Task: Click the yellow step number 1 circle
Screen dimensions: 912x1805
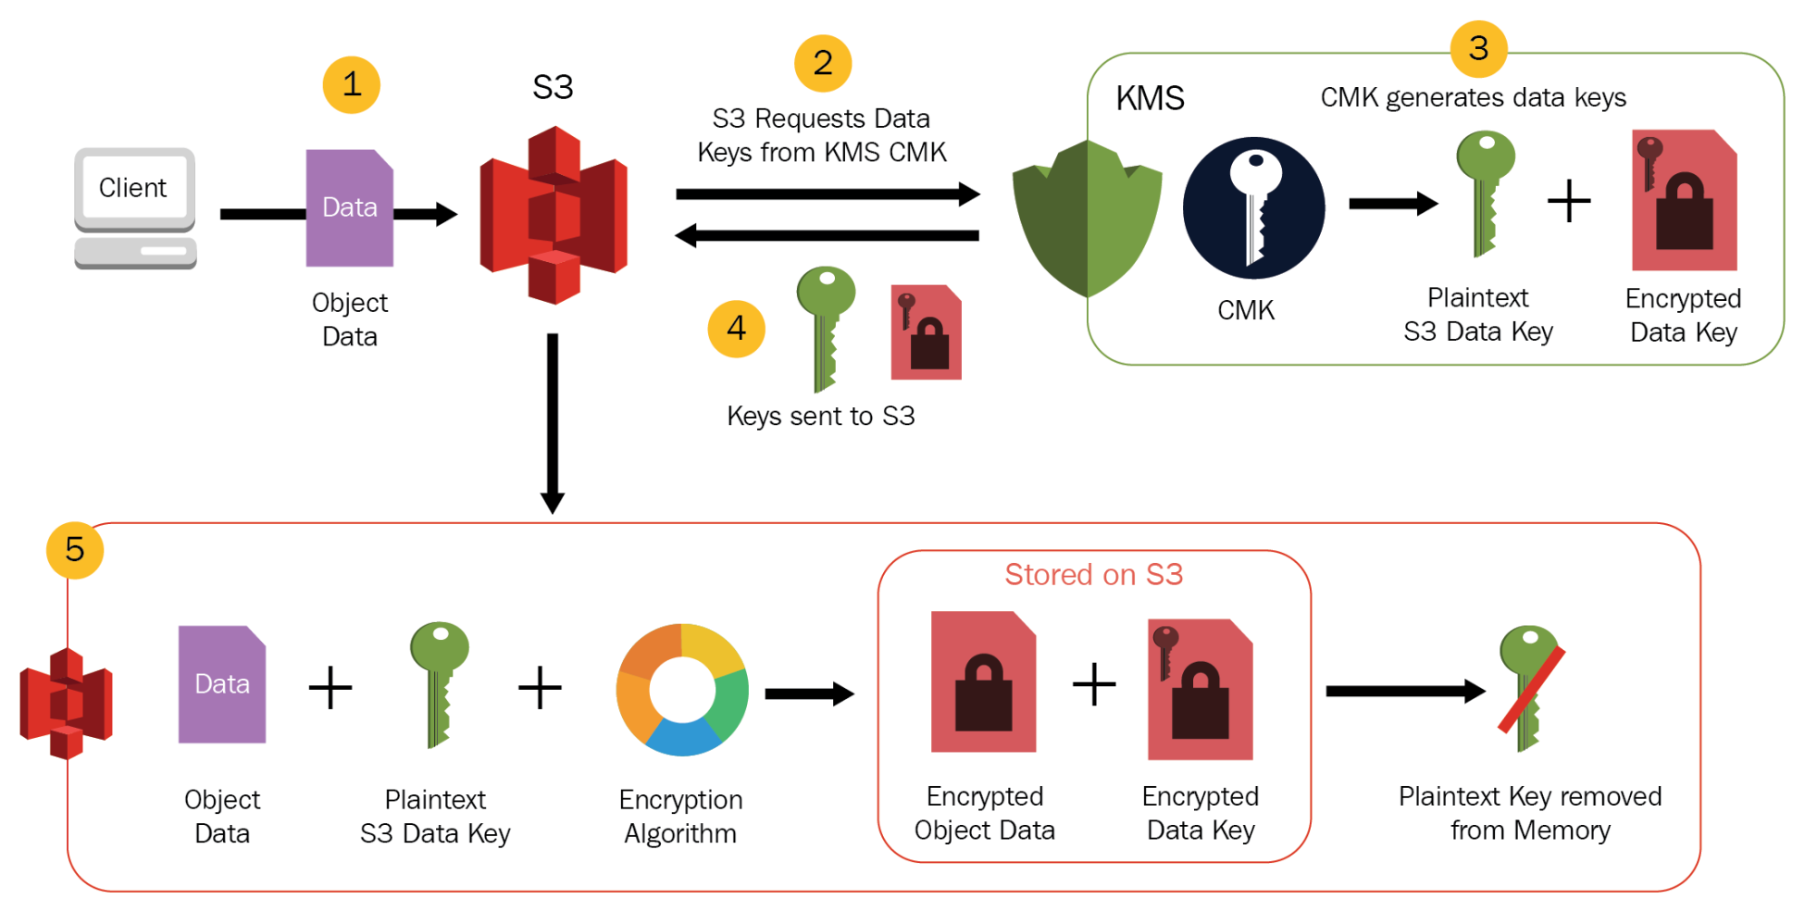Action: (351, 85)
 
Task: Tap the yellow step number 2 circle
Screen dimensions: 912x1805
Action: (823, 64)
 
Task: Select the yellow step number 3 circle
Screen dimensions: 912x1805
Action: (1478, 48)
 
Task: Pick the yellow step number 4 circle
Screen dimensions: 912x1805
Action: (736, 328)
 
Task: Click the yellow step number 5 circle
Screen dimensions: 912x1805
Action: (75, 550)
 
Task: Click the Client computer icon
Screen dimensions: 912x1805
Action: (135, 208)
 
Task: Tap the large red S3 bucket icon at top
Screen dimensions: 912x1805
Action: (554, 215)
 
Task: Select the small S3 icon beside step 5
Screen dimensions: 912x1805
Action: (66, 704)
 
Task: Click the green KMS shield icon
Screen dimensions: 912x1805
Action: (1087, 219)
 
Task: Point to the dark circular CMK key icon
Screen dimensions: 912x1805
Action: (1253, 208)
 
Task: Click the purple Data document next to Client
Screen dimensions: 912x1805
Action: (350, 208)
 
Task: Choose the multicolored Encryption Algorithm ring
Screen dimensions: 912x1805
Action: (682, 690)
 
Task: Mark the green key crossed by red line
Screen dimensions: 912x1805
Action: (1529, 688)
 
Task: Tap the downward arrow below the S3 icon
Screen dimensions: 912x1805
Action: (553, 422)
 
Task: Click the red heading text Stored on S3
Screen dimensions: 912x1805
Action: (1093, 574)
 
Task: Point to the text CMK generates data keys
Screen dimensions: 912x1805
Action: (1473, 97)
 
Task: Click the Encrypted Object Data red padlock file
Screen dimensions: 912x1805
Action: (983, 682)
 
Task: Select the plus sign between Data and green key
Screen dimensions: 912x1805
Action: (330, 689)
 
